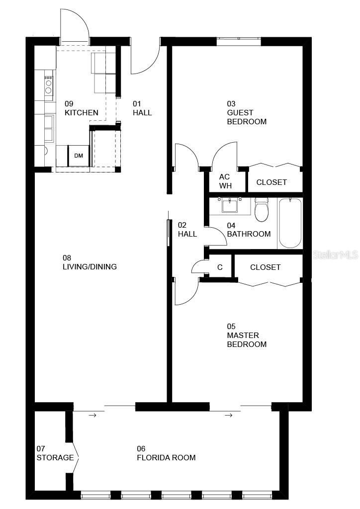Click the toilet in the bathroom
261,210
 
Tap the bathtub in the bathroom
290,223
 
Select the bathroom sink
230,204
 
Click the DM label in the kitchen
79,156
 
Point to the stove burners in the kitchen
49,85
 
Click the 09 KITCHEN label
81,108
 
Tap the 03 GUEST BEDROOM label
247,113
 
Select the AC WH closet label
225,181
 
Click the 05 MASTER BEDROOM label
247,336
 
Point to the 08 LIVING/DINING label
90,262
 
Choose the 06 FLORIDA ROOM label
166,453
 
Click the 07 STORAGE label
55,453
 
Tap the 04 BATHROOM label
249,230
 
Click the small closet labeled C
220,267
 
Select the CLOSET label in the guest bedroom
271,182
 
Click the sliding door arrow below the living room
92,415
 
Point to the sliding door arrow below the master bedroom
228,415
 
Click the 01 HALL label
142,108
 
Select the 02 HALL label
187,230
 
